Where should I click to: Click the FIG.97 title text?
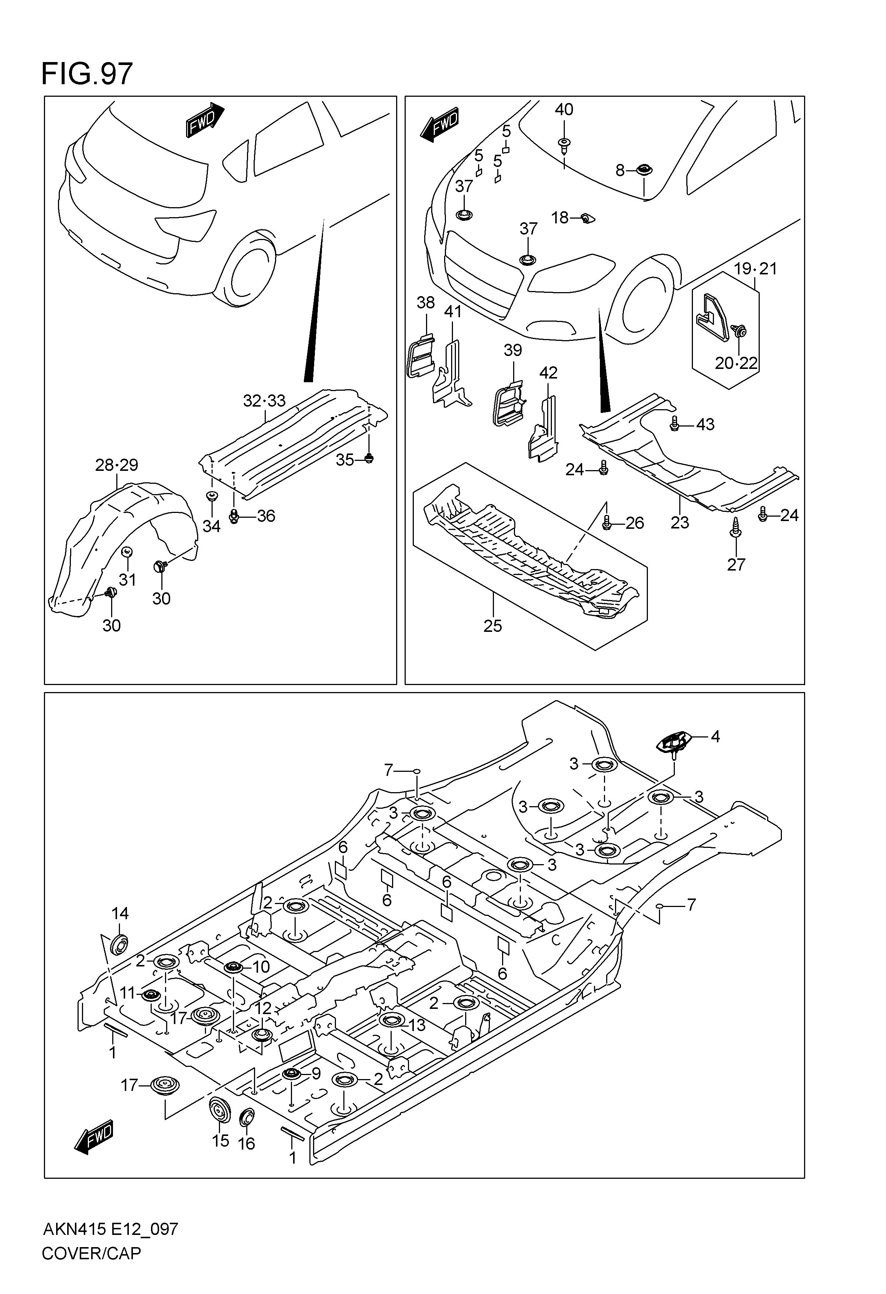point(87,74)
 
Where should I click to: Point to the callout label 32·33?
point(264,401)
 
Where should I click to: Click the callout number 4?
point(715,737)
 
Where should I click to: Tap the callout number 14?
point(120,914)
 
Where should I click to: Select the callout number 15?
point(220,1141)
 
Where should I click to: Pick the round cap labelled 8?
point(645,170)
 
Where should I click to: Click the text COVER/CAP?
point(91,1253)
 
